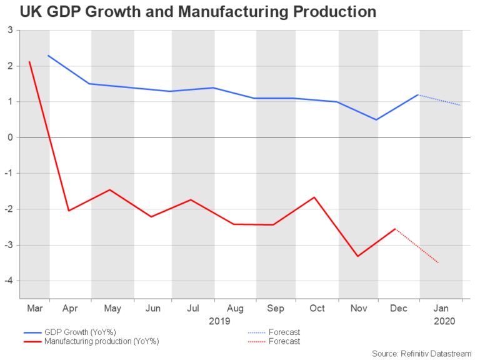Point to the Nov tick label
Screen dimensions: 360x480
click(x=359, y=308)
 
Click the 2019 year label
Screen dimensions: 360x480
click(x=219, y=321)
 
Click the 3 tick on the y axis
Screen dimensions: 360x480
click(x=11, y=31)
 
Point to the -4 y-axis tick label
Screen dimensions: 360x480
click(x=9, y=281)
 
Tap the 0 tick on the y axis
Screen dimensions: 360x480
click(x=11, y=137)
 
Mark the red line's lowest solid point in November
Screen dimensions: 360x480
click(x=358, y=256)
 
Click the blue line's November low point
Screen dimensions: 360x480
click(x=376, y=119)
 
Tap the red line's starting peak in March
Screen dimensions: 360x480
click(x=29, y=61)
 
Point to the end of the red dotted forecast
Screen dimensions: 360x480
click(x=439, y=263)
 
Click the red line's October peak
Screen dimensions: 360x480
click(x=314, y=197)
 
